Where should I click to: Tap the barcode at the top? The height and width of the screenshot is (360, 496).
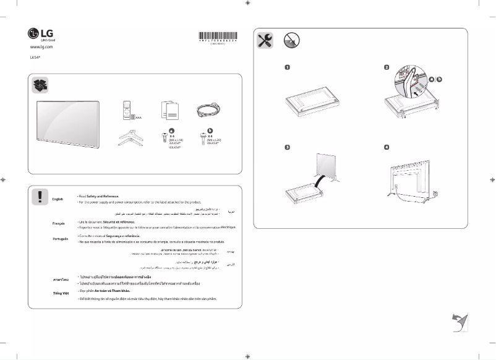[x=218, y=36]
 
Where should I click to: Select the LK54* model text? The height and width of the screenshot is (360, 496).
[x=35, y=58]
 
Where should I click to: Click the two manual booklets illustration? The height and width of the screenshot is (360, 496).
[x=169, y=110]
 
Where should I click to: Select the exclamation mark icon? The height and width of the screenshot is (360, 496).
[x=40, y=197]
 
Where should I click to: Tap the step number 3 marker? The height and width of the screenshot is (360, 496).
[x=288, y=147]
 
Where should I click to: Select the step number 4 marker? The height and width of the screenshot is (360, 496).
[x=387, y=147]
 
